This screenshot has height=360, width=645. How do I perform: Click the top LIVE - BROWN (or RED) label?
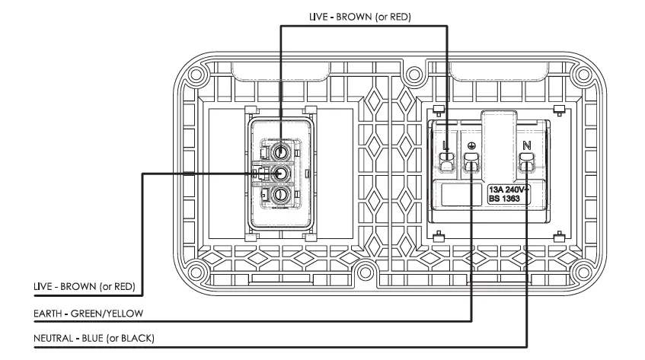point(359,16)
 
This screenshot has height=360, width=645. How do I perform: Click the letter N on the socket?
point(526,144)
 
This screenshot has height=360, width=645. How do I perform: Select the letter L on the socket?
point(447,144)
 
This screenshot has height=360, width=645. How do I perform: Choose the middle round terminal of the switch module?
point(280,174)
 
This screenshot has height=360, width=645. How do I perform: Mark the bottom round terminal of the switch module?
point(280,196)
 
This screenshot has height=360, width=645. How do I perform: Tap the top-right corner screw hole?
point(583,75)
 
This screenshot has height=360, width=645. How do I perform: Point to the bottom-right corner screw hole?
point(583,272)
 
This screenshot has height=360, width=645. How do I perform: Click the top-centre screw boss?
point(414,75)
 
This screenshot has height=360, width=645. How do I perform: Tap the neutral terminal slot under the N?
point(526,161)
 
